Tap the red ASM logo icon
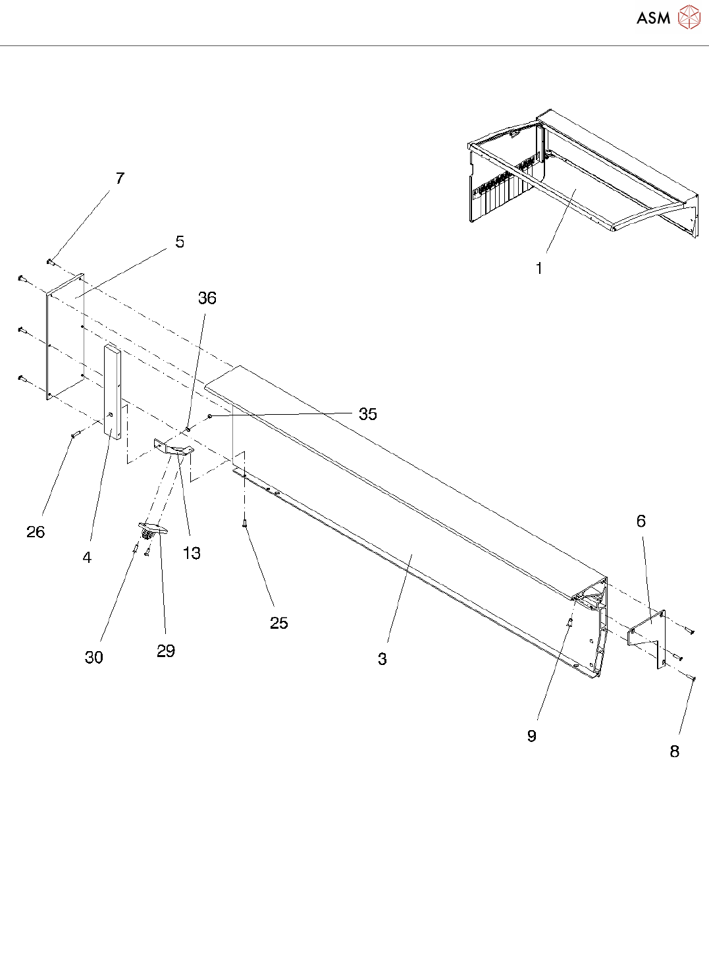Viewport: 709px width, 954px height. (689, 17)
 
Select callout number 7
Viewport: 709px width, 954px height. (120, 178)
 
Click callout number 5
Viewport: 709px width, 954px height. (180, 242)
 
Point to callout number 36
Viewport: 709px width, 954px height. (207, 298)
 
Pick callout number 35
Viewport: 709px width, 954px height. (367, 414)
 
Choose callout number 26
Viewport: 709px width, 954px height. (36, 532)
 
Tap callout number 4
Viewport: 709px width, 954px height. (87, 558)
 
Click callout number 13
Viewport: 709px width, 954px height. (192, 553)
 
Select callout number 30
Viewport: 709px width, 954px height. (94, 657)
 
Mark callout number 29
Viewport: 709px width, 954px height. (166, 651)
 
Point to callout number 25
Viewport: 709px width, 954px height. (279, 623)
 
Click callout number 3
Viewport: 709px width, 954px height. (382, 659)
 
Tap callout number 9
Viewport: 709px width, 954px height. (532, 736)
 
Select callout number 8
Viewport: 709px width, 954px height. (675, 751)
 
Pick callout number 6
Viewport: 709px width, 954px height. (641, 521)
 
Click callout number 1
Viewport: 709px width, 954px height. (539, 269)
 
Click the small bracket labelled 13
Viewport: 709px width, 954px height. (174, 448)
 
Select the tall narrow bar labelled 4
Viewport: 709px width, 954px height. (113, 392)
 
